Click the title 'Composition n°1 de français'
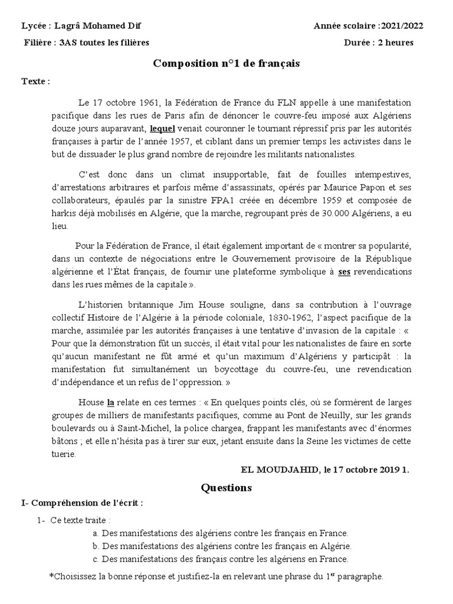coord(226,63)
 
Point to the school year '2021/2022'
coord(402,26)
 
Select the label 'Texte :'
coord(35,81)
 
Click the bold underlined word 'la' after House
coord(110,403)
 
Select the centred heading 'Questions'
coord(226,488)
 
